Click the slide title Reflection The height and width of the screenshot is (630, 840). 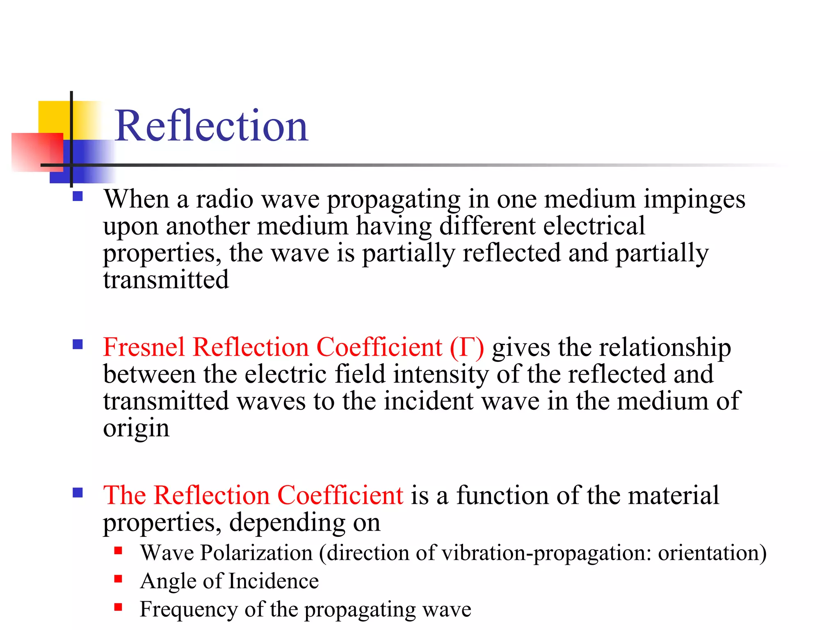(x=211, y=126)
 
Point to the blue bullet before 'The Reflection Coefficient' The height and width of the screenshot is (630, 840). (x=78, y=492)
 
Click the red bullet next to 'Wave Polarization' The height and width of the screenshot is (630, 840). (x=119, y=550)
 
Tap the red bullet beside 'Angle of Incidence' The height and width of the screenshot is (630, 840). (x=119, y=579)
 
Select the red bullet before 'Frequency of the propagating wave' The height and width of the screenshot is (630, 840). (x=119, y=607)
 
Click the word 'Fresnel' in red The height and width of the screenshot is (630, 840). (x=144, y=347)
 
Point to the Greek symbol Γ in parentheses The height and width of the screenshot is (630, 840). (x=467, y=347)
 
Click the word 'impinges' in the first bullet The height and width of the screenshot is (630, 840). (x=694, y=200)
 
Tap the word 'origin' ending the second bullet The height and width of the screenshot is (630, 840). (x=136, y=429)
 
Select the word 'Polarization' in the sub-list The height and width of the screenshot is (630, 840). (x=256, y=553)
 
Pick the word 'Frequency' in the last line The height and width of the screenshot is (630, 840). (x=189, y=610)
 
